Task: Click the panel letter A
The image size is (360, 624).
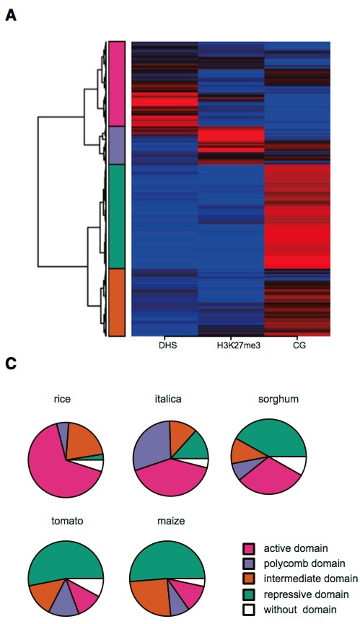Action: pyautogui.click(x=11, y=14)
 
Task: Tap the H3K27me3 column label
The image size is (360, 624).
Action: pyautogui.click(x=230, y=346)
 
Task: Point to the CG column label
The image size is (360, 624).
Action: pyautogui.click(x=297, y=346)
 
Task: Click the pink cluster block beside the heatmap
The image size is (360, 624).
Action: pyautogui.click(x=118, y=84)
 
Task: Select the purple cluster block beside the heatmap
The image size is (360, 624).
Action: pyautogui.click(x=118, y=146)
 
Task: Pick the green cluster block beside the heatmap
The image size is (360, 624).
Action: pyautogui.click(x=118, y=216)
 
